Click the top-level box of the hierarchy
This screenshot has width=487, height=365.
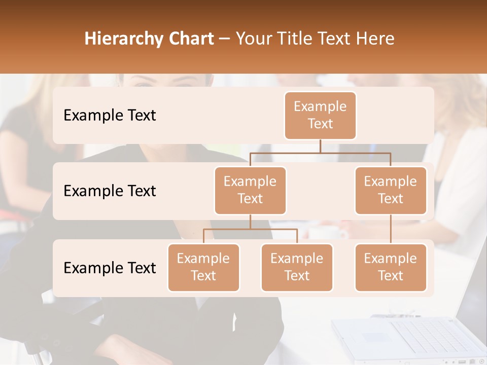click(320, 115)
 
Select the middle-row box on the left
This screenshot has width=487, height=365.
click(250, 190)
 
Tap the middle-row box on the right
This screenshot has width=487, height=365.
click(391, 190)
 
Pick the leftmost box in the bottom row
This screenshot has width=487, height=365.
click(203, 267)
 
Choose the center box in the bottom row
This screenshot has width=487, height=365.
click(297, 267)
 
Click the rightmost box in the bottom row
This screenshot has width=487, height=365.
click(391, 267)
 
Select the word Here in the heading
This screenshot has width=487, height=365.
click(375, 39)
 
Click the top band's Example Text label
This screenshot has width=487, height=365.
click(110, 115)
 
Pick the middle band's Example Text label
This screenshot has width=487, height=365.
click(110, 191)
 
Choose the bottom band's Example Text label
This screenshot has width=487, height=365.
click(110, 268)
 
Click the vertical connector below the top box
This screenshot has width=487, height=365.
click(320, 146)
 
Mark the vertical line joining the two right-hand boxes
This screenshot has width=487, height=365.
click(391, 229)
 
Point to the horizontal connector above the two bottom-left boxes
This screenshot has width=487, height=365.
click(250, 229)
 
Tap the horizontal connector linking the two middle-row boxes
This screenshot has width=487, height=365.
click(320, 153)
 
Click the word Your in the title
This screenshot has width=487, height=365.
click(252, 39)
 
